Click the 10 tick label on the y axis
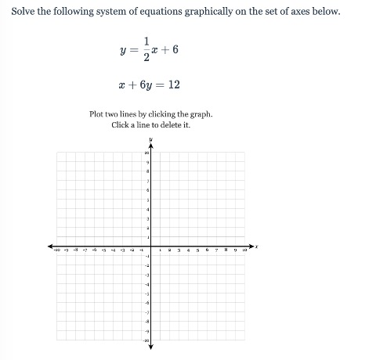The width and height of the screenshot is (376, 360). click(146, 153)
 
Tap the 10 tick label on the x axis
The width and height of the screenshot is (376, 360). click(244, 250)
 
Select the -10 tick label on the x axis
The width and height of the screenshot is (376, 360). click(56, 250)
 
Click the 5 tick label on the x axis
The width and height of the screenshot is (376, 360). click(197, 250)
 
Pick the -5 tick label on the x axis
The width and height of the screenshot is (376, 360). click(103, 250)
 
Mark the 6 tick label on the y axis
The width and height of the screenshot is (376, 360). click(147, 191)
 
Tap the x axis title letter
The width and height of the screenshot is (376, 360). click(257, 247)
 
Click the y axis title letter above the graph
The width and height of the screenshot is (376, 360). click(150, 140)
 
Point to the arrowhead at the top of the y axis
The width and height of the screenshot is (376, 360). click(150, 146)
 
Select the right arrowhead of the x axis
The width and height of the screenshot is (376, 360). click(251, 246)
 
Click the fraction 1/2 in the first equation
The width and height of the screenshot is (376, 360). click(146, 49)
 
